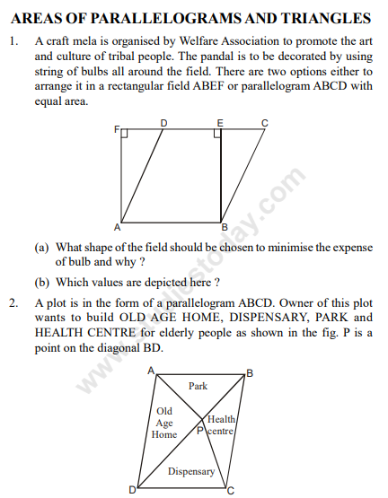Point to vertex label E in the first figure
coord(220,123)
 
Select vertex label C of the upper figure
coord(264,123)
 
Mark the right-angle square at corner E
coord(217,135)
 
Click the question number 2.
coord(13,302)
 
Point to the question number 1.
coord(13,41)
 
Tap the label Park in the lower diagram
coord(198,386)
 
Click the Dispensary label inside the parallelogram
coord(191,471)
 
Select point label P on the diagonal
coord(200,432)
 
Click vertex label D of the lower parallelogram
coord(132,489)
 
